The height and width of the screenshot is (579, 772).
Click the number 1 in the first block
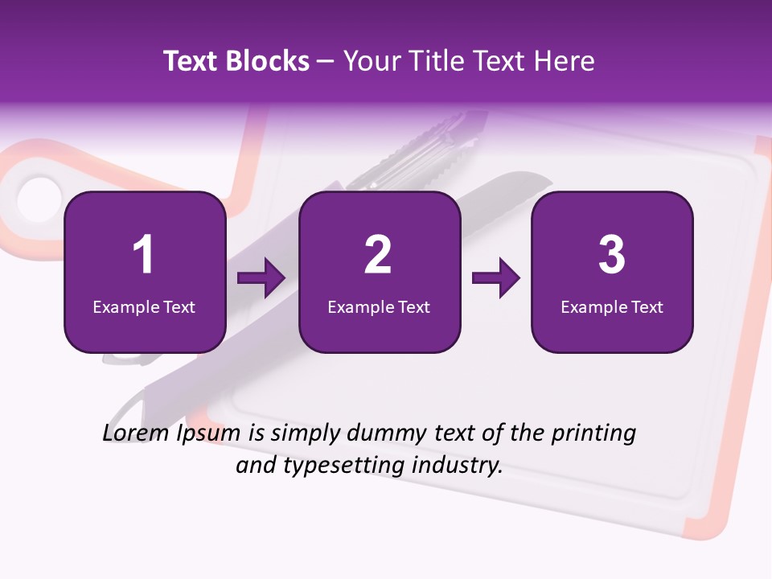click(x=143, y=255)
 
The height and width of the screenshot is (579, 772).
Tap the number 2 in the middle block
click(x=378, y=255)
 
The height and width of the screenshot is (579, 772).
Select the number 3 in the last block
click(x=612, y=255)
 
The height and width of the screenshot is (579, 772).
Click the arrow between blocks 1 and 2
click(x=261, y=279)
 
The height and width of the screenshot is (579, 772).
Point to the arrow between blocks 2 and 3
click(x=496, y=279)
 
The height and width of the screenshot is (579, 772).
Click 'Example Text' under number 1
click(x=144, y=306)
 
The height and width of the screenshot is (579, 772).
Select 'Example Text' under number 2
click(x=379, y=306)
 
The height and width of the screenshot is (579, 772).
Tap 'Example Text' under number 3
click(x=612, y=306)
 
